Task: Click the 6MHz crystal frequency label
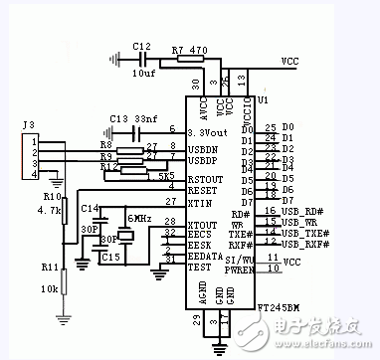pyautogui.click(x=137, y=218)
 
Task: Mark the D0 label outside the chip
pyautogui.click(x=288, y=128)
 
